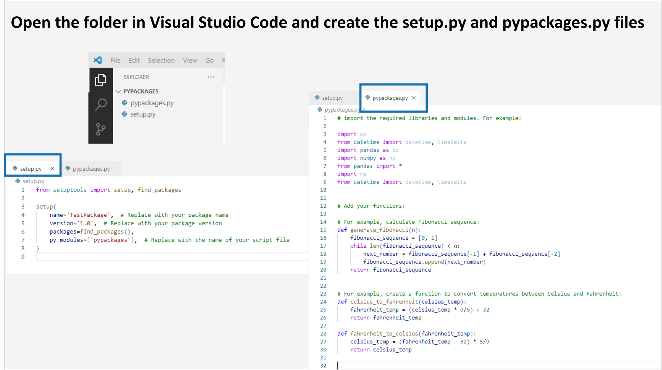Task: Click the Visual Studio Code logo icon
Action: coord(98,60)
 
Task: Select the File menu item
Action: coord(115,60)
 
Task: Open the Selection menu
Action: coord(161,60)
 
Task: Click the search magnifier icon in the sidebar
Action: coord(101,104)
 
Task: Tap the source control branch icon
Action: coord(100,129)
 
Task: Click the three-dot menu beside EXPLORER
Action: coord(211,77)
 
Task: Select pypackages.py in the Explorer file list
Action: coord(152,103)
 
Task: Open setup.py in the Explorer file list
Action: coord(143,114)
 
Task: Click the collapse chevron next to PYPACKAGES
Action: coord(118,91)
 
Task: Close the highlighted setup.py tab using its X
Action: coord(52,169)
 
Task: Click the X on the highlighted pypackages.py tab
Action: coord(414,98)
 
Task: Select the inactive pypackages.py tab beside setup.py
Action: coord(91,169)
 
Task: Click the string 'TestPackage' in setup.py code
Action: coord(88,215)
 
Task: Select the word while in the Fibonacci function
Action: coord(358,246)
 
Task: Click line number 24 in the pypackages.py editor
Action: coord(323,302)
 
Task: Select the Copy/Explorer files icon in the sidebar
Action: coord(101,80)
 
